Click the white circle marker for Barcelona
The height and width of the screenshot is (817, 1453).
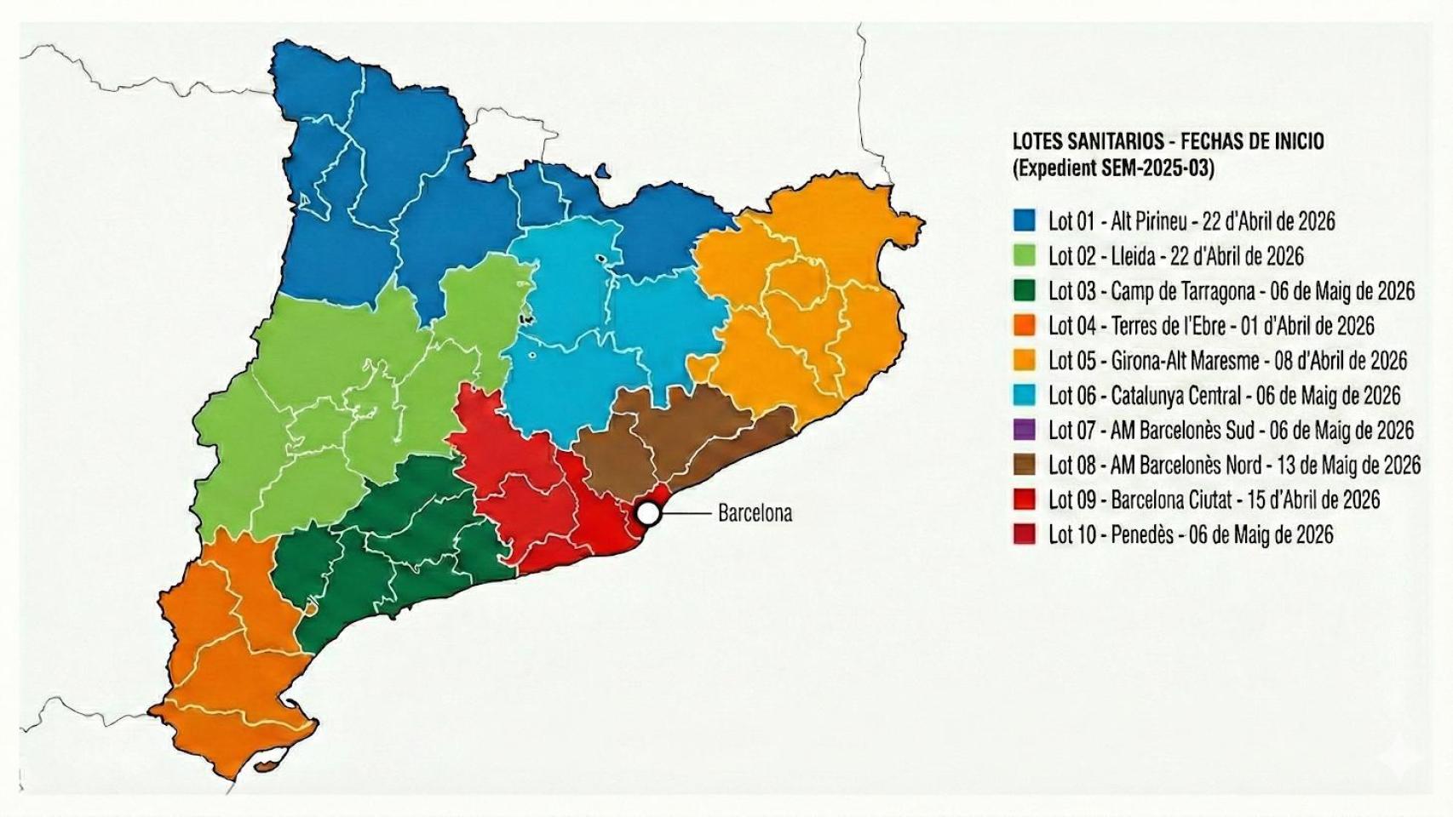648,513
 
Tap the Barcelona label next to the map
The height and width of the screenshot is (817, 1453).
755,513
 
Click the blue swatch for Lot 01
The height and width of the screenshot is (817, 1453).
1025,221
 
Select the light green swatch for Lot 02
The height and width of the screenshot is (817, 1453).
1025,256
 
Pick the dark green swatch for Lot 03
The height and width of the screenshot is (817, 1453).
1025,291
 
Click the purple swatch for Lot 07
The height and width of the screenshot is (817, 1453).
1025,430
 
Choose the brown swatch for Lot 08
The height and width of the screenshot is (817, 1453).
1025,465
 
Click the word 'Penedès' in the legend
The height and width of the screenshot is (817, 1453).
1141,534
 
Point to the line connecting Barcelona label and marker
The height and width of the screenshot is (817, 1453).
686,513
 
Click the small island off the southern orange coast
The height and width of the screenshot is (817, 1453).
271,764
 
